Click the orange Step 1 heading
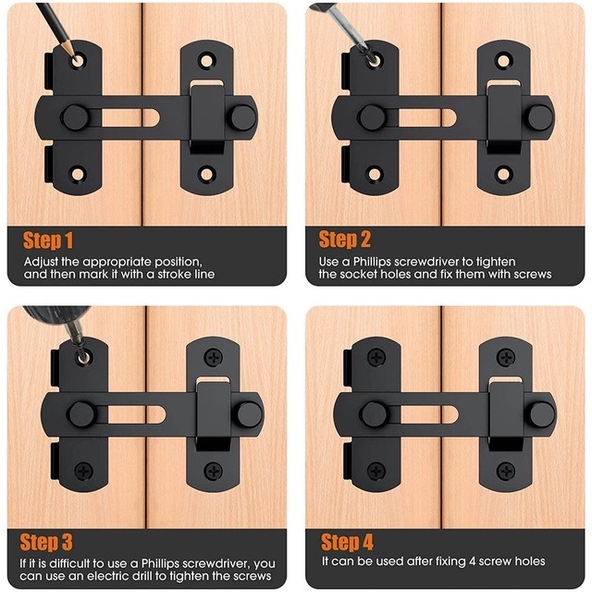48,240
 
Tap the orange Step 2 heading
345,240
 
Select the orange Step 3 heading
46,542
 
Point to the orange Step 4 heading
347,542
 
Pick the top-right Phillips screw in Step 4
506,357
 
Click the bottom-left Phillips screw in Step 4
376,471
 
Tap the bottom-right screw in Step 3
214,471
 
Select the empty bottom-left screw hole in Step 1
78,175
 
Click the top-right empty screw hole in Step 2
503,60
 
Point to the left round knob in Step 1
76,117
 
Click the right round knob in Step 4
543,414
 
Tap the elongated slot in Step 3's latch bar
136,414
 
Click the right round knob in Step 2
540,117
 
